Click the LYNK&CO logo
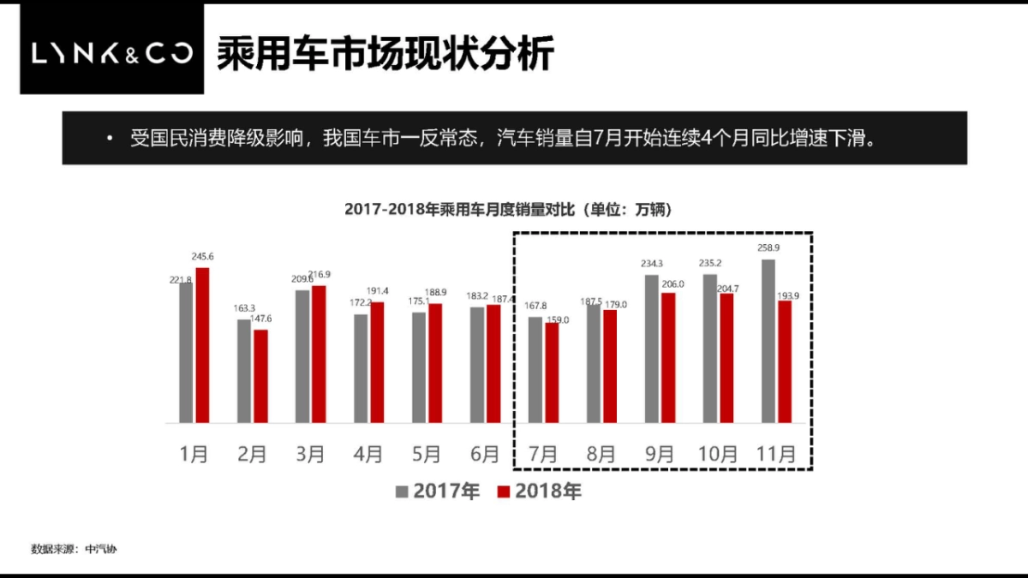pos(112,53)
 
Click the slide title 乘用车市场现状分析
pos(385,53)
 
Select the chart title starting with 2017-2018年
pos(507,210)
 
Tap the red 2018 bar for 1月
pos(202,345)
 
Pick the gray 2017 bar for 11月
pos(768,341)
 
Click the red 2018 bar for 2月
pos(260,376)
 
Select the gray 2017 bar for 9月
pos(651,349)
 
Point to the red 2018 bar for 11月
pos(785,361)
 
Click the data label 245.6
pos(202,257)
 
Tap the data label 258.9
pos(768,248)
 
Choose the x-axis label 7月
pos(544,454)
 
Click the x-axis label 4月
pos(368,454)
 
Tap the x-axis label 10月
pos(718,454)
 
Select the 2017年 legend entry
pos(438,492)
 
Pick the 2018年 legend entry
pos(540,492)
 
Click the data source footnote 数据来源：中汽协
pos(74,549)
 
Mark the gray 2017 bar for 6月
pos(476,365)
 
